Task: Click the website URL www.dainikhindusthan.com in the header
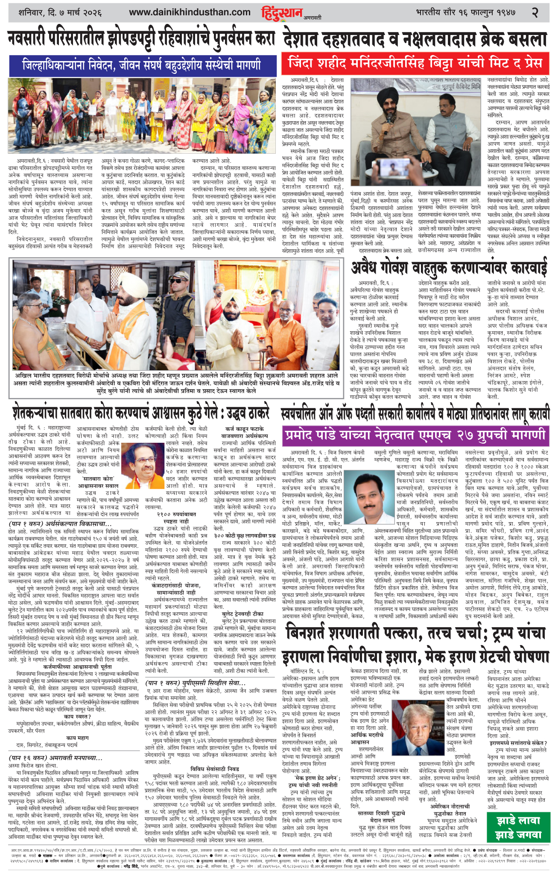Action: tap(190, 12)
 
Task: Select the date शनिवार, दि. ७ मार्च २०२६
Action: tap(60, 12)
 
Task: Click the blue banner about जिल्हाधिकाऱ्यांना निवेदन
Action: tap(142, 65)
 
